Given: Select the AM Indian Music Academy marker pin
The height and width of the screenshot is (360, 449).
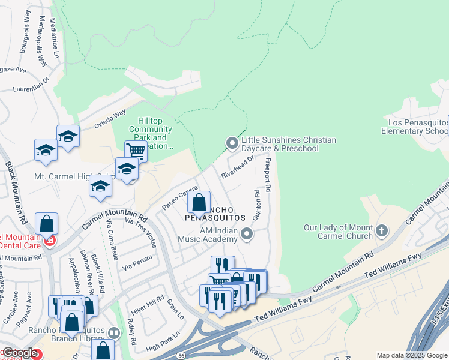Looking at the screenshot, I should pyautogui.click(x=247, y=235).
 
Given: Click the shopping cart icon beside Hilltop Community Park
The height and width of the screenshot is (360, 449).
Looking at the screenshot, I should pyautogui.click(x=136, y=151).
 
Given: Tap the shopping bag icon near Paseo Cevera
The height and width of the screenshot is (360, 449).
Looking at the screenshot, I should pyautogui.click(x=199, y=202).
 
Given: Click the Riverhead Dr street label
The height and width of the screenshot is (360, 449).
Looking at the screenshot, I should pyautogui.click(x=238, y=167).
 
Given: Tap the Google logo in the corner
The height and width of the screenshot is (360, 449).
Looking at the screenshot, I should pyautogui.click(x=19, y=353).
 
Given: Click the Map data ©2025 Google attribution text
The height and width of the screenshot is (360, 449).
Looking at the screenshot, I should pyautogui.click(x=412, y=355).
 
